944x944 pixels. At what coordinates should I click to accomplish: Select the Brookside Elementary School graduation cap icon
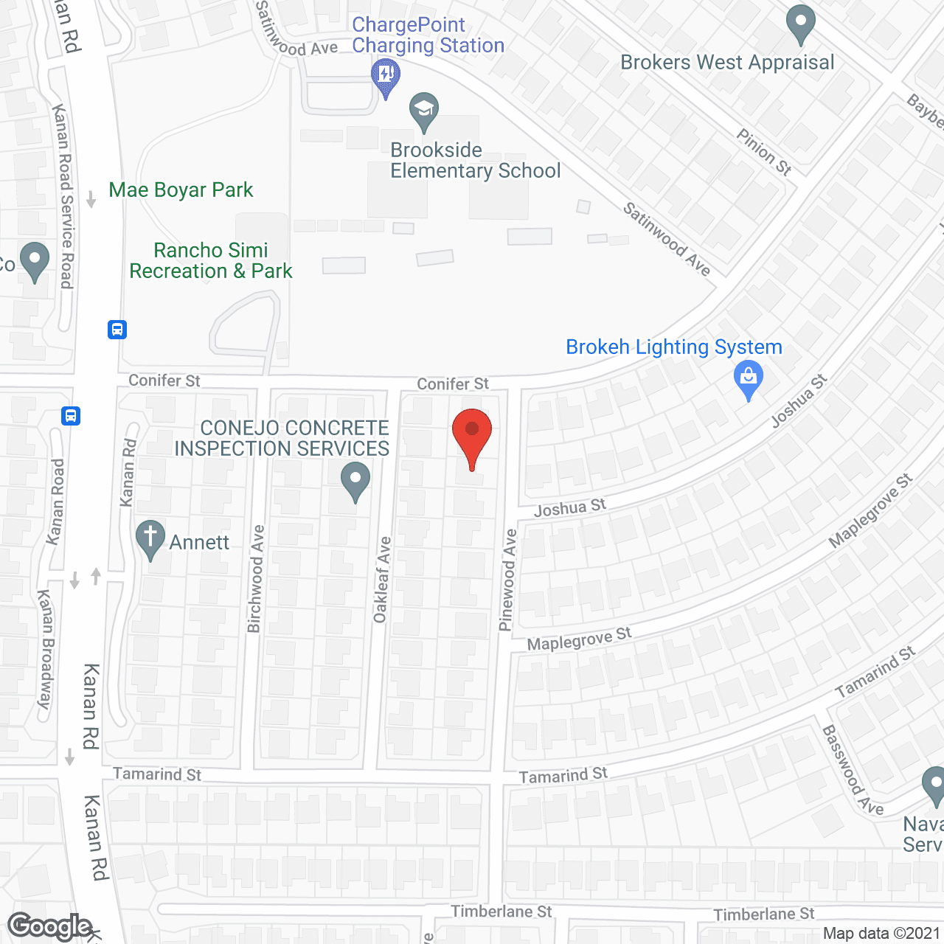pyautogui.click(x=424, y=111)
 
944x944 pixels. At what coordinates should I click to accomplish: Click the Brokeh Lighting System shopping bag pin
pyautogui.click(x=749, y=379)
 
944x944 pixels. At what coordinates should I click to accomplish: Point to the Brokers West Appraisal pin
pyautogui.click(x=800, y=24)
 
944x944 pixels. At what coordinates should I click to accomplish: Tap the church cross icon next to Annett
pyautogui.click(x=150, y=538)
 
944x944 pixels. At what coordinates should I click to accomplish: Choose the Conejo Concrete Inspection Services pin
pyautogui.click(x=355, y=480)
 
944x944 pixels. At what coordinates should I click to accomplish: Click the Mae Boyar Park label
pyautogui.click(x=181, y=190)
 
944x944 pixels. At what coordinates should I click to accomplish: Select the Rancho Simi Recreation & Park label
pyautogui.click(x=211, y=261)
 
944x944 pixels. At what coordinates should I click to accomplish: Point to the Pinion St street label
pyautogui.click(x=764, y=152)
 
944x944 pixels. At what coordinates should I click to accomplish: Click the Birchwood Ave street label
pyautogui.click(x=255, y=579)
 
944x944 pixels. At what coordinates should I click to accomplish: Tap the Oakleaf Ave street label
pyautogui.click(x=382, y=580)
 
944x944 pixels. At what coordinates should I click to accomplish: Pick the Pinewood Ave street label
pyautogui.click(x=507, y=580)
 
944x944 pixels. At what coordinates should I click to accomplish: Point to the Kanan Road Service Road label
pyautogui.click(x=63, y=196)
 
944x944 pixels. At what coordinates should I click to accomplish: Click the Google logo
pyautogui.click(x=50, y=926)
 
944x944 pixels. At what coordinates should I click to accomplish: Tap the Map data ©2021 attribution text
pyautogui.click(x=881, y=934)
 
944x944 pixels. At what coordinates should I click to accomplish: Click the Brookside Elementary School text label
pyautogui.click(x=475, y=161)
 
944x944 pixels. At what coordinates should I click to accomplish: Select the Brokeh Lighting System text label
pyautogui.click(x=673, y=347)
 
